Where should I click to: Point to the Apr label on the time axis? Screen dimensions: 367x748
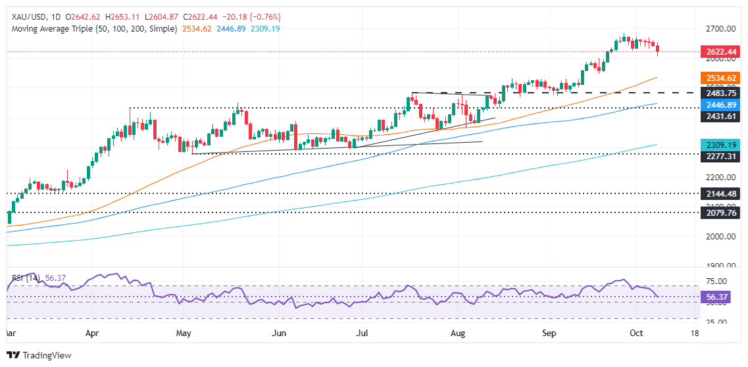(92, 333)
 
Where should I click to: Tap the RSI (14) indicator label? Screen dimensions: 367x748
(25, 278)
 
